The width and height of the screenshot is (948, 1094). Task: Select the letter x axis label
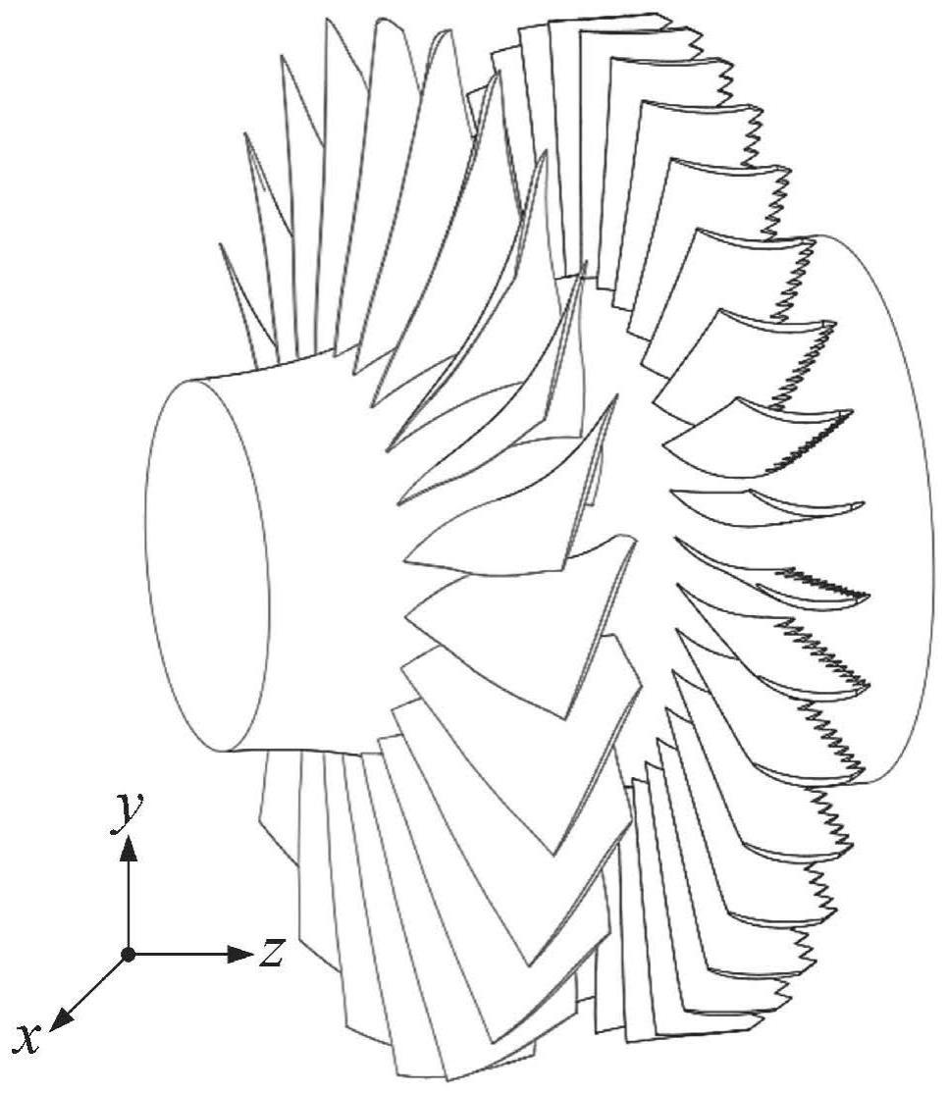click(28, 1038)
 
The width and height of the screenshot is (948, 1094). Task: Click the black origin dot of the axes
click(129, 953)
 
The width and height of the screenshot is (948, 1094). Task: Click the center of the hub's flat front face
click(208, 566)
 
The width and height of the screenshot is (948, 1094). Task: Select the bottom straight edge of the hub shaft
click(294, 753)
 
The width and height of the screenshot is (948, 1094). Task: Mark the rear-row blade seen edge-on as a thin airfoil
click(765, 500)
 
